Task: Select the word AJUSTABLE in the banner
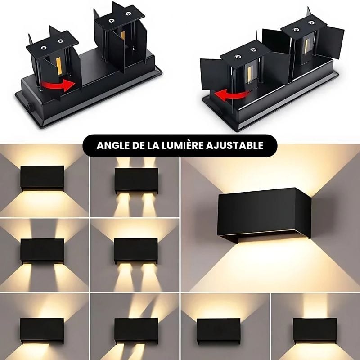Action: [234, 145]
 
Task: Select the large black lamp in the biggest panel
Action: [264, 216]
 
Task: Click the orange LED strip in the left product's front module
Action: [59, 66]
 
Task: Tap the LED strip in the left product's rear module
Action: [123, 35]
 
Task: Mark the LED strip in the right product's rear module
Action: [307, 46]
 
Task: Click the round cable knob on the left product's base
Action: [30, 108]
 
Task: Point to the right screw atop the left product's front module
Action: [61, 41]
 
